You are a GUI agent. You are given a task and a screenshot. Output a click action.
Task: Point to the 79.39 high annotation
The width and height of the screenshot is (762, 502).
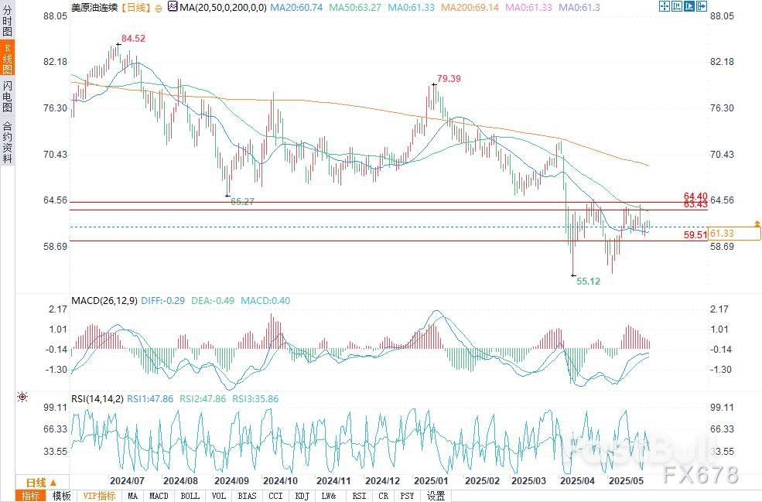click(x=449, y=78)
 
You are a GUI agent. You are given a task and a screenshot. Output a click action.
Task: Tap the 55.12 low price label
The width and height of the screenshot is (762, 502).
click(x=589, y=282)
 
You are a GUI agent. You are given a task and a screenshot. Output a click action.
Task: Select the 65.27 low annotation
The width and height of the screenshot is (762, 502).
click(x=243, y=201)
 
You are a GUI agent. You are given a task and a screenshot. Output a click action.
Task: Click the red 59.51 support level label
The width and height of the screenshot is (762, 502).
click(x=695, y=235)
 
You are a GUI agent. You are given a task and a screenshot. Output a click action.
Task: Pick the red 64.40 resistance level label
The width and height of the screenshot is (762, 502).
click(x=695, y=196)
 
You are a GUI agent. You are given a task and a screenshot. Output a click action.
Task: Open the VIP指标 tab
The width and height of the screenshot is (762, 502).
click(x=99, y=496)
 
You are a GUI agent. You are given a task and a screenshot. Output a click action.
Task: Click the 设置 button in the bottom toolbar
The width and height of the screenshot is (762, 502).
click(x=436, y=496)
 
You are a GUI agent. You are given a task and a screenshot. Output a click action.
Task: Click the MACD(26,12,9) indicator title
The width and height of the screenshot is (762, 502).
click(x=104, y=300)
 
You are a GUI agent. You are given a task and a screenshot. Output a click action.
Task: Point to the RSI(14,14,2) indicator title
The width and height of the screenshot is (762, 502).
click(x=97, y=399)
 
